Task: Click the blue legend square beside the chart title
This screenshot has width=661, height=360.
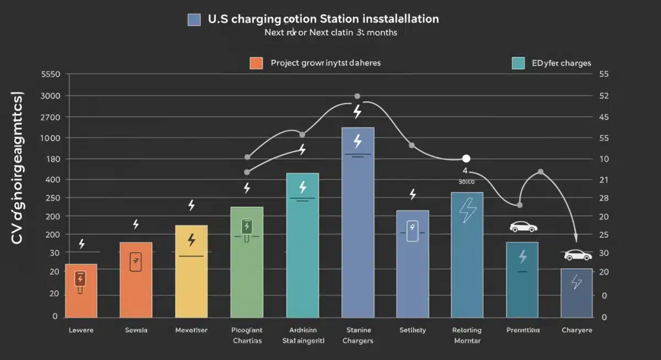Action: pyautogui.click(x=194, y=20)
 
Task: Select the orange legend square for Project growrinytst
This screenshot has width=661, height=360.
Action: pyautogui.click(x=256, y=63)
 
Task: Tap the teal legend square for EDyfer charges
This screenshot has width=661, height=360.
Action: pyautogui.click(x=518, y=63)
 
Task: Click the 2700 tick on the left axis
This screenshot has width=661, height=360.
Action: pyautogui.click(x=50, y=117)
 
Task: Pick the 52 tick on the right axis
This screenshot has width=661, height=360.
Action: pyautogui.click(x=603, y=96)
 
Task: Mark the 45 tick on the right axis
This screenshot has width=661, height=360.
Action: pyautogui.click(x=603, y=117)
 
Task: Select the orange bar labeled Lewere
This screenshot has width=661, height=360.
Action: pyautogui.click(x=81, y=291)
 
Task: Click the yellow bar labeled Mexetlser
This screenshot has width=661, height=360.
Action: pyautogui.click(x=191, y=271)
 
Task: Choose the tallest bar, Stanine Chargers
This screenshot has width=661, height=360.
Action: pyautogui.click(x=357, y=222)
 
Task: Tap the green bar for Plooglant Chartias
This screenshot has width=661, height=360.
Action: pyautogui.click(x=246, y=262)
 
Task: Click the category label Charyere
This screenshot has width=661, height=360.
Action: pyautogui.click(x=577, y=330)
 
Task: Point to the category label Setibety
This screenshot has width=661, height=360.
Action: pyautogui.click(x=413, y=330)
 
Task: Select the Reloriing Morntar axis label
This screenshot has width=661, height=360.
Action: pyautogui.click(x=467, y=335)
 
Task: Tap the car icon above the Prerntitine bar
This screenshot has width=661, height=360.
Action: pyautogui.click(x=523, y=227)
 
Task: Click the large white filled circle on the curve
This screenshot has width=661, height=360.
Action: pyautogui.click(x=466, y=159)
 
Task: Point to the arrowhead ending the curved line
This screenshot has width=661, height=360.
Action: pyautogui.click(x=576, y=239)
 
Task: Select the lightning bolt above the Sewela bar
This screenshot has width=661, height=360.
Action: pyautogui.click(x=136, y=225)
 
